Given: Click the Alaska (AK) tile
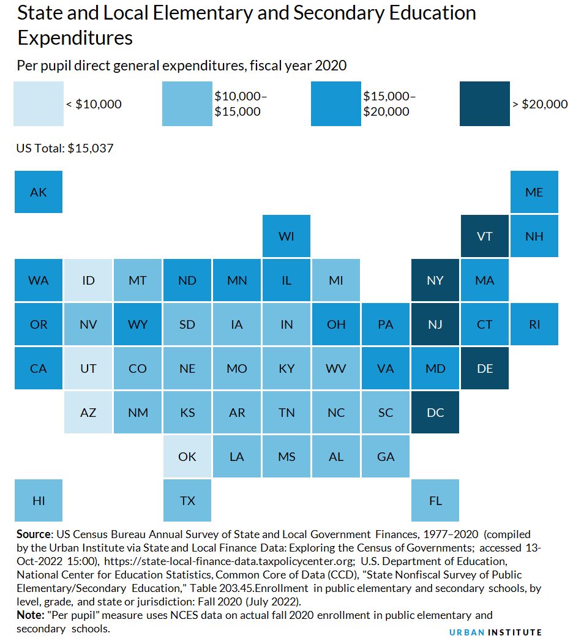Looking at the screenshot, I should point(39,192).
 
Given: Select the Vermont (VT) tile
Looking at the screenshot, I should point(484,236).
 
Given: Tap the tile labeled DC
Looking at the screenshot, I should point(435,413).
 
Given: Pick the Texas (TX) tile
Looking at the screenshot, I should point(187,501).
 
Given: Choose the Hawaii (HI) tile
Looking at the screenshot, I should point(39,501).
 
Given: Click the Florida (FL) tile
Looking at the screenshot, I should point(435,501).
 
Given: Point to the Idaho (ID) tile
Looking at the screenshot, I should point(88,280).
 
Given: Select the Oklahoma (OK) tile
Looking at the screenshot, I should point(187,457).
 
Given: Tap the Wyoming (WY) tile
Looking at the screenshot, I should point(138,324).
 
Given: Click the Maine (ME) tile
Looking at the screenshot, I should point(534,192).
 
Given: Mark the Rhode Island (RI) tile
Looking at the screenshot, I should point(534,324).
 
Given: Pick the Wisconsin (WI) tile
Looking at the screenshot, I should point(286,236).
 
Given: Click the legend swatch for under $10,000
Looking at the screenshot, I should point(39,104).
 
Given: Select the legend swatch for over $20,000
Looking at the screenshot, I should point(484,104).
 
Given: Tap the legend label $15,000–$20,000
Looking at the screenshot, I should point(389,104).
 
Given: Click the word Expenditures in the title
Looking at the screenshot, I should point(75,38).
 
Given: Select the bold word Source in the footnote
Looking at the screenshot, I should point(32,534).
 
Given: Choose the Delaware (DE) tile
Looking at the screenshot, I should point(484,369).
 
